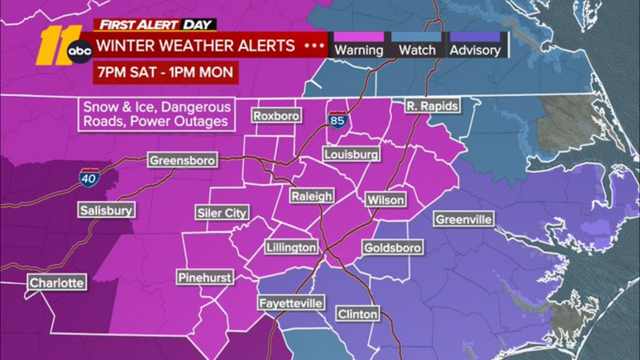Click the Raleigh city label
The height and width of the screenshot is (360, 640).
click(312, 196)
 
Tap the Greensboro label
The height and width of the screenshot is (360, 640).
click(182, 160)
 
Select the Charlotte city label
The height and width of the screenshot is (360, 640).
click(57, 282)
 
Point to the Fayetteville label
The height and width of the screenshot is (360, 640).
click(290, 303)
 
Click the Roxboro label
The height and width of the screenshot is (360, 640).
click(276, 116)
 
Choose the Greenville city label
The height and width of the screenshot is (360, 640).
click(464, 219)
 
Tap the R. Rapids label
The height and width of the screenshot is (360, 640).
click(432, 106)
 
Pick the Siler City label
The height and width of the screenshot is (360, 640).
click(222, 213)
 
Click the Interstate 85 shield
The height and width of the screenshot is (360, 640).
click(337, 120)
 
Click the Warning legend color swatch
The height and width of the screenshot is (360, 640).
click(358, 37)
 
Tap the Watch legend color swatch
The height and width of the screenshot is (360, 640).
click(416, 37)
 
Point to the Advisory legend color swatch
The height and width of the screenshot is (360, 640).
click(475, 37)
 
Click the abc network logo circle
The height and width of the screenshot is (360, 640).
click(80, 52)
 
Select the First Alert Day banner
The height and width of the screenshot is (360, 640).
click(155, 25)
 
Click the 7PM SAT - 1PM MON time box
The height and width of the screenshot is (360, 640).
click(166, 72)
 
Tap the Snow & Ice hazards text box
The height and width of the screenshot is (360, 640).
click(156, 114)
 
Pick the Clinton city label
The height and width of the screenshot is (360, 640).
click(357, 314)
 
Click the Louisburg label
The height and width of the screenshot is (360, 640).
click(351, 154)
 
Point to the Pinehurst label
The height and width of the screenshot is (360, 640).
click(204, 277)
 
